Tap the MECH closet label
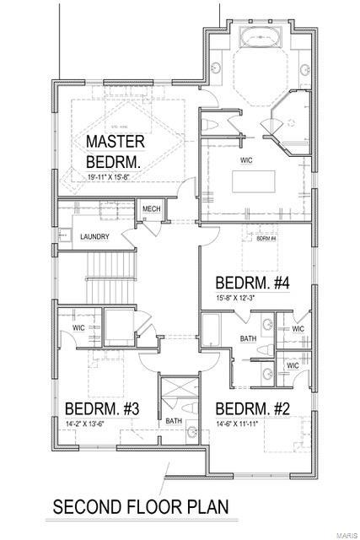pyautogui.click(x=151, y=209)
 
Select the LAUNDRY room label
pyautogui.click(x=94, y=237)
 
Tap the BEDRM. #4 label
pyautogui.click(x=253, y=283)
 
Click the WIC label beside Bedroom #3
pyautogui.click(x=78, y=327)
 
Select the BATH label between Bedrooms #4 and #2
pyautogui.click(x=247, y=340)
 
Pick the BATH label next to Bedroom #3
pyautogui.click(x=174, y=419)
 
